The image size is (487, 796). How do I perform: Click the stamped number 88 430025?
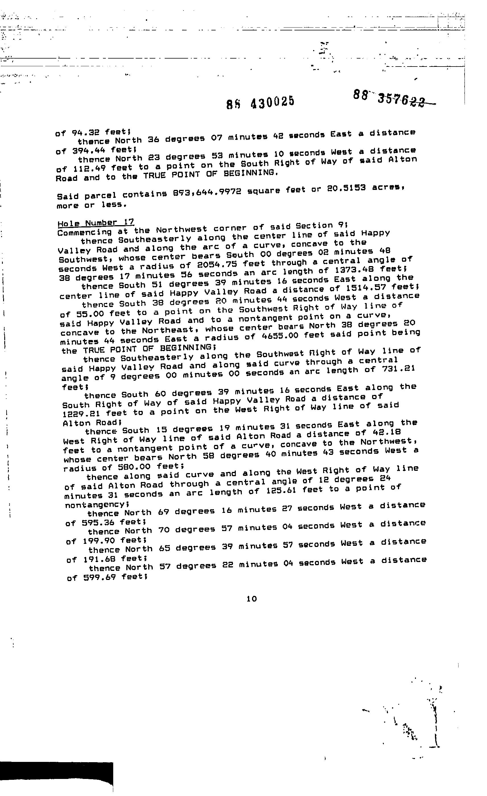260,102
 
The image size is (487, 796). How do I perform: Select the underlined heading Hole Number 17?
96,223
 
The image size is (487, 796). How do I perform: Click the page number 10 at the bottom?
251,599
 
